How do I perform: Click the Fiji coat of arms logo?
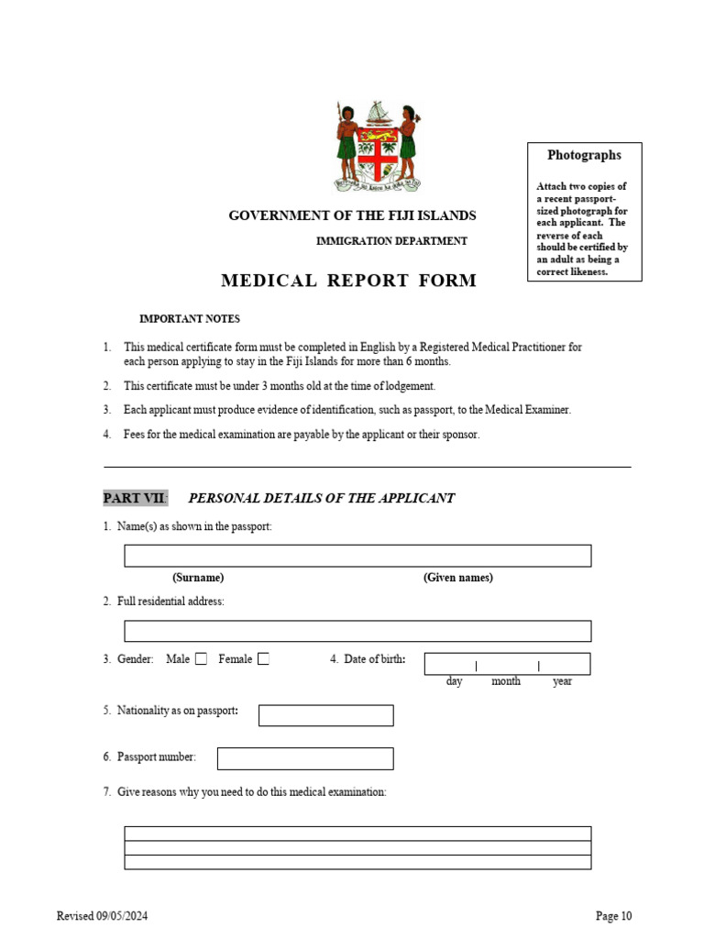[377, 147]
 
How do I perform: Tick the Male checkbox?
[201, 658]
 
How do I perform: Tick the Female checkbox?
[263, 658]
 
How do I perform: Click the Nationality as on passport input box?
[325, 715]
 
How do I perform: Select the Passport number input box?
[305, 758]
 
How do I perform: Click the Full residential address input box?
[357, 631]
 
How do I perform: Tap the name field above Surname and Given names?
[357, 556]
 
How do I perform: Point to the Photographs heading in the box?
[584, 156]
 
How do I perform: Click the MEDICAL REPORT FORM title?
[348, 281]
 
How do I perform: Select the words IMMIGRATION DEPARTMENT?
[391, 241]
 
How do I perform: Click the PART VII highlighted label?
[135, 498]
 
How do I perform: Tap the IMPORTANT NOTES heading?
[190, 319]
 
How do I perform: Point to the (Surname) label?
[198, 578]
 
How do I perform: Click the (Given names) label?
[458, 578]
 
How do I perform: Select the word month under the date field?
[506, 681]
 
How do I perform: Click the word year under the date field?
[562, 681]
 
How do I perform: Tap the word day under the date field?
[455, 681]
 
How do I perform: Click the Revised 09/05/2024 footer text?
[103, 915]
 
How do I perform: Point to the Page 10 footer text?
[613, 915]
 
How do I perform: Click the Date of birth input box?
[507, 664]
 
